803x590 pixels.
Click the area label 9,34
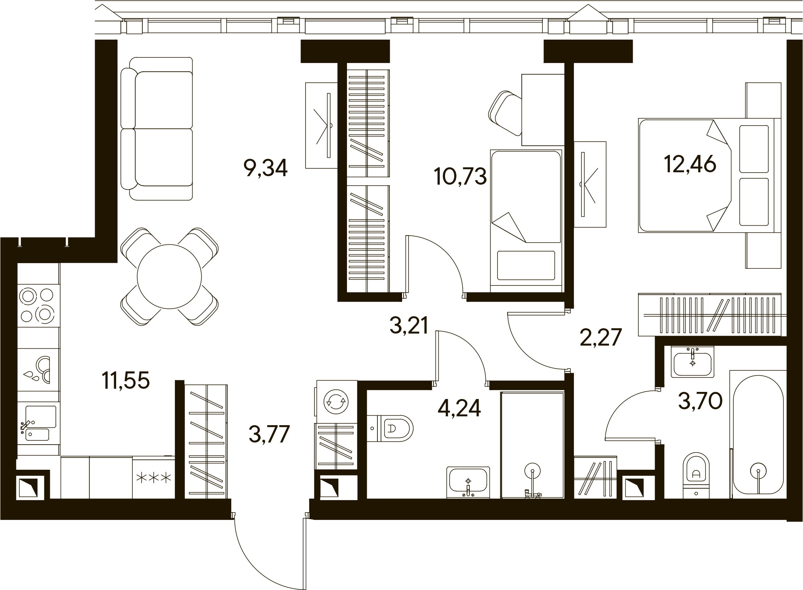click(x=265, y=168)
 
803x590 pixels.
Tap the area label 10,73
click(x=460, y=177)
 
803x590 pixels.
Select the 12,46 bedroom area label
click(x=690, y=164)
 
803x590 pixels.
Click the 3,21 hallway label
click(x=409, y=325)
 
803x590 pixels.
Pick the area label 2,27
click(x=600, y=337)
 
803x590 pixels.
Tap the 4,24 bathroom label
click(x=459, y=408)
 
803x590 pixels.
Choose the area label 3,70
click(x=700, y=401)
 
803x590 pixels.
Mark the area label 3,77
click(x=269, y=434)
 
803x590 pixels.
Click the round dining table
click(x=170, y=276)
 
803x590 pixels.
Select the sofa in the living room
click(x=157, y=128)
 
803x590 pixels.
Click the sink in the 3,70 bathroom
click(x=693, y=363)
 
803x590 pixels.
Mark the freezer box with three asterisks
click(x=153, y=478)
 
